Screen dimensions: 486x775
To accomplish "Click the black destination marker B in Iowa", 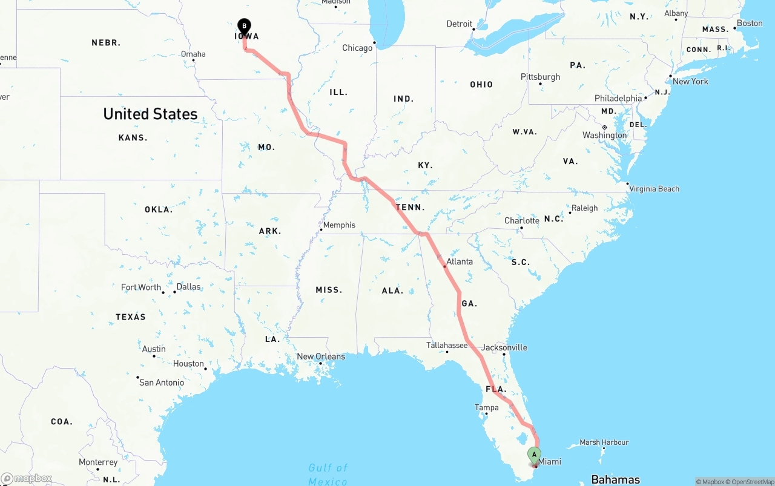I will (244, 26).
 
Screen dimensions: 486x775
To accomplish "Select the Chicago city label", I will (357, 48).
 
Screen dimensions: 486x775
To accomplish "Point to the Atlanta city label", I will (460, 261).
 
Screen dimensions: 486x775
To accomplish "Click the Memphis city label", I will (339, 225).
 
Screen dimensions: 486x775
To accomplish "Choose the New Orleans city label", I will (321, 356).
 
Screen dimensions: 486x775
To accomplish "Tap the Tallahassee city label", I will (447, 345).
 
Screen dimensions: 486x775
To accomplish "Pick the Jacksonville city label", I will (504, 347).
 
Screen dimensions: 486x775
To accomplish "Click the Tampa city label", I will (487, 407).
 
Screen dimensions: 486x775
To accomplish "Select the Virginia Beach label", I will (654, 189).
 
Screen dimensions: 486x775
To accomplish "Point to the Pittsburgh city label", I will (541, 77).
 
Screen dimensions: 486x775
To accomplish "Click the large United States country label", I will (150, 114).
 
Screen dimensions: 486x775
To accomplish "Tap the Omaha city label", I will (193, 54).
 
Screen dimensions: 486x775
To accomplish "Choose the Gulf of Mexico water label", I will (328, 475).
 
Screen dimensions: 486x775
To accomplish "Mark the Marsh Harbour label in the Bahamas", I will (604, 442).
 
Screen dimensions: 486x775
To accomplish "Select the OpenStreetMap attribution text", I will (750, 482).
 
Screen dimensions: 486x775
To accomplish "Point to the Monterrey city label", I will (98, 462).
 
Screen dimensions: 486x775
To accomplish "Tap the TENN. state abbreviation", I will (410, 208).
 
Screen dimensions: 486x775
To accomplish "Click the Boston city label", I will (750, 23).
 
